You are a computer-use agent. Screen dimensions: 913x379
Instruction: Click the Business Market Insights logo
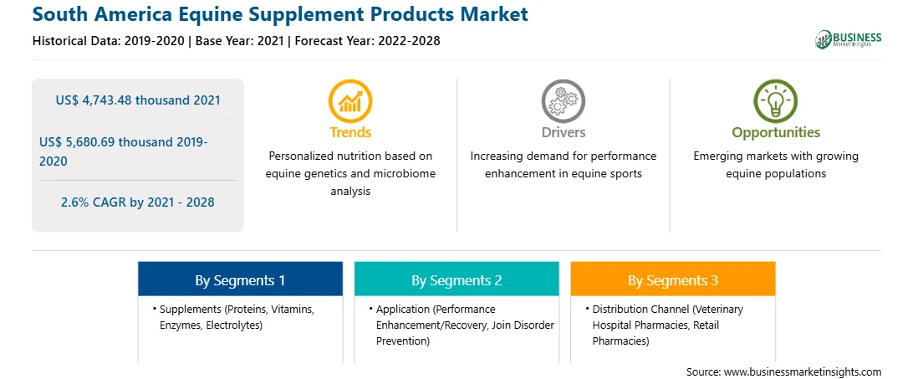click(849, 39)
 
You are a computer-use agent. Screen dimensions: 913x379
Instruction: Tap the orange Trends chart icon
click(350, 101)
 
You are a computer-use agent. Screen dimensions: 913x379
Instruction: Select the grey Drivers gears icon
click(563, 101)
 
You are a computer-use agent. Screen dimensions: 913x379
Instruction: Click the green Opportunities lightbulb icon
click(776, 101)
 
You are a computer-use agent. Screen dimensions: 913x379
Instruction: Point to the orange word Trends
click(350, 132)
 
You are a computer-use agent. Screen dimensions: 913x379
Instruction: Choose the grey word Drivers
click(563, 132)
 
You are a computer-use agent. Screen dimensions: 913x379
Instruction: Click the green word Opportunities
click(776, 133)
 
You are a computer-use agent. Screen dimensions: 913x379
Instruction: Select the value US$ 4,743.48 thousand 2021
click(138, 100)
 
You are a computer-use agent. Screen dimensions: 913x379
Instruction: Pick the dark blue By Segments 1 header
click(240, 280)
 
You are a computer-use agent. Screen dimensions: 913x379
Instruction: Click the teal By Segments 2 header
click(456, 280)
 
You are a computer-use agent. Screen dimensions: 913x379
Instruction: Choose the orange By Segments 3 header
click(672, 280)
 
